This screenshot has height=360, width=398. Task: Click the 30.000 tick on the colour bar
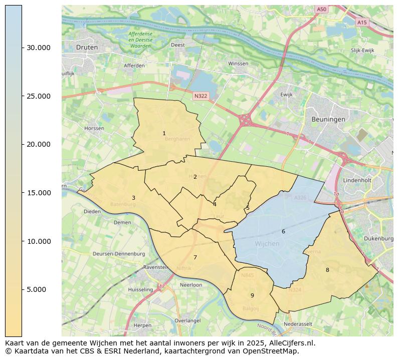[x=22, y=48]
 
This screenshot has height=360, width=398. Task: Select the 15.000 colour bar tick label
[x=39, y=193]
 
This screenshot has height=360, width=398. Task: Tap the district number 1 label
[x=164, y=133]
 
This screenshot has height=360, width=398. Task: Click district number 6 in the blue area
[x=283, y=231]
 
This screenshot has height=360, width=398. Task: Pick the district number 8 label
[x=327, y=270]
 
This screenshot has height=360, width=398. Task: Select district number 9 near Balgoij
[x=252, y=295]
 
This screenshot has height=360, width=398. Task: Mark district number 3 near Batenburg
[x=133, y=198]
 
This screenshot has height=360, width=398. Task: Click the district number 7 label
[x=195, y=257]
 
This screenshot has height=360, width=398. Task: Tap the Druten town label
[x=87, y=47]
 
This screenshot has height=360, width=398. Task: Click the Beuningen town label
[x=328, y=119]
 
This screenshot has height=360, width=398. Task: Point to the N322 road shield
[x=200, y=95]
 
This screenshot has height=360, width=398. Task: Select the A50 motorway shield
[x=321, y=9]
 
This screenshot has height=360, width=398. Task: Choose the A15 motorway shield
[x=362, y=23]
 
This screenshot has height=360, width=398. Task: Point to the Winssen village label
[x=238, y=64]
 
